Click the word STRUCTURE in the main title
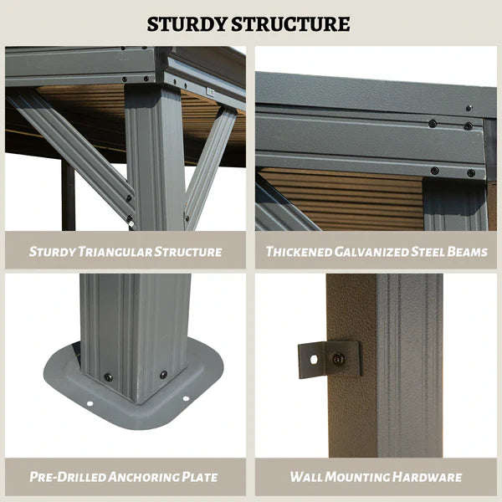coord(290,24)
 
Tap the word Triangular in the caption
coord(115,252)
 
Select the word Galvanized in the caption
coord(371,252)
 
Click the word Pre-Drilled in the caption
coord(68,477)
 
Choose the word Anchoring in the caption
coord(143,477)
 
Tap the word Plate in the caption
coord(199,477)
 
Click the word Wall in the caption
coord(306,477)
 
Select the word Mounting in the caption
coord(357,477)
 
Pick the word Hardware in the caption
coord(427,477)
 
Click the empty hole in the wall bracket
coord(314,360)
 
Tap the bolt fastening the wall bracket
coord(338,359)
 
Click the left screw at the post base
coord(109,377)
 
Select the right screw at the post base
coord(164,375)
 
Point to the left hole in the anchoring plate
coord(90,404)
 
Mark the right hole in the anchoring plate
coord(186,399)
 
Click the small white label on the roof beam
coord(210,92)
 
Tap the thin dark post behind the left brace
coord(69,195)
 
